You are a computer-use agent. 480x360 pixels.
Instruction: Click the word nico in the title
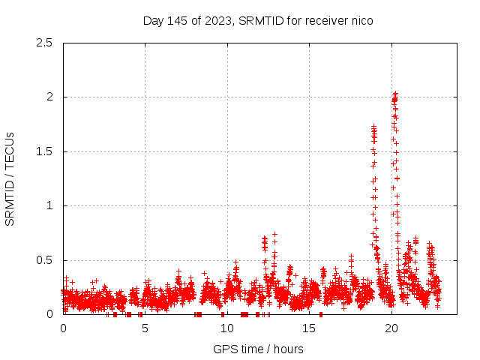pos(360,20)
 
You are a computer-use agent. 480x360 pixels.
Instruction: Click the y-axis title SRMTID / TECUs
pos(10,178)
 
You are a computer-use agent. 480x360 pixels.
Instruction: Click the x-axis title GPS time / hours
pos(258,349)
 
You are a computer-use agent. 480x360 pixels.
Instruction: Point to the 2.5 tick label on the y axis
pos(43,43)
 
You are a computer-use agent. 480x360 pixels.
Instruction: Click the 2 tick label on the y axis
pos(49,97)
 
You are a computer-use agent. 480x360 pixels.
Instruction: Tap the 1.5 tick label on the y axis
pos(43,151)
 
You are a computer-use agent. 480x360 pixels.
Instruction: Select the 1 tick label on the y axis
pos(49,205)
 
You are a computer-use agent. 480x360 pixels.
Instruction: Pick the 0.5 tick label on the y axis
pos(43,260)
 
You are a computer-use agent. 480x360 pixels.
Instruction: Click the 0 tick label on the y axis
pos(49,314)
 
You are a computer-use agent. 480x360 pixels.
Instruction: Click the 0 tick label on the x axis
pos(63,328)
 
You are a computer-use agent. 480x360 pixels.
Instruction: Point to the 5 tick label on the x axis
pos(145,328)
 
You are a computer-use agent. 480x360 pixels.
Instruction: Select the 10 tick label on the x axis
pos(227,328)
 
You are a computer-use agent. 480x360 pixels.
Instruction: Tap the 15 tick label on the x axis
pos(309,328)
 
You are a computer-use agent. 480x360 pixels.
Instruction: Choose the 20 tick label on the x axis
pos(391,328)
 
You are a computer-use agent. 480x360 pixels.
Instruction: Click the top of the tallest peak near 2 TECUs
pos(395,94)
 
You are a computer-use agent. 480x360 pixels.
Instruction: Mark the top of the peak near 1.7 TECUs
pos(373,127)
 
